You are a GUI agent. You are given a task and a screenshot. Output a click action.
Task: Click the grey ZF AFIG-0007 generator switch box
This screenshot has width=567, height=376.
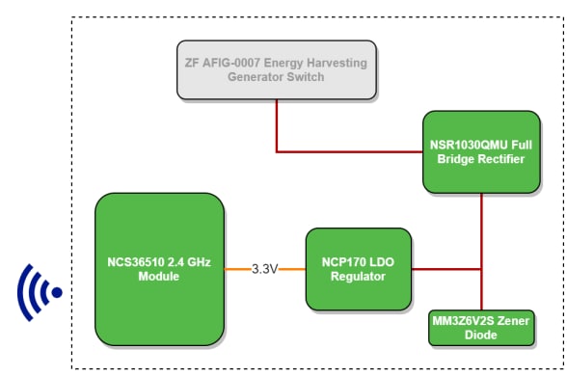click(276, 69)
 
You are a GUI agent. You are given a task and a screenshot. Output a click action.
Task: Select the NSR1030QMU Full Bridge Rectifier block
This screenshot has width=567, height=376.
click(479, 151)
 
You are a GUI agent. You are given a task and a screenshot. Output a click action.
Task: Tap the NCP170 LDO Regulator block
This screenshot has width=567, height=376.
click(359, 269)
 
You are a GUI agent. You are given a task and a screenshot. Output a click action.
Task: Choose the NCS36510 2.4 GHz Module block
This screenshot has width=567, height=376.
click(159, 268)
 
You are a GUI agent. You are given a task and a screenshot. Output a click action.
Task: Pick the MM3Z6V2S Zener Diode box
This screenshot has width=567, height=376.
click(479, 328)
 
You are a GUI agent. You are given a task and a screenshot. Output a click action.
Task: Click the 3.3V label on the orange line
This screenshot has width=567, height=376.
click(263, 269)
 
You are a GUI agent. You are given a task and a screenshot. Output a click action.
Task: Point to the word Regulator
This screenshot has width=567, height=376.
click(359, 277)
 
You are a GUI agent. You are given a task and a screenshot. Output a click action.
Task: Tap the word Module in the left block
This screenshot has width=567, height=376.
click(159, 276)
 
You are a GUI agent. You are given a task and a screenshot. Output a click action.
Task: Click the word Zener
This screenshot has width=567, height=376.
click(512, 321)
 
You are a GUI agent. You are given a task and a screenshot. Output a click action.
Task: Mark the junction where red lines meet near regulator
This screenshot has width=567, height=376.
click(480, 269)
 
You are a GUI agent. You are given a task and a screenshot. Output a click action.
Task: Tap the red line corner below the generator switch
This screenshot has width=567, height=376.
click(277, 151)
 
